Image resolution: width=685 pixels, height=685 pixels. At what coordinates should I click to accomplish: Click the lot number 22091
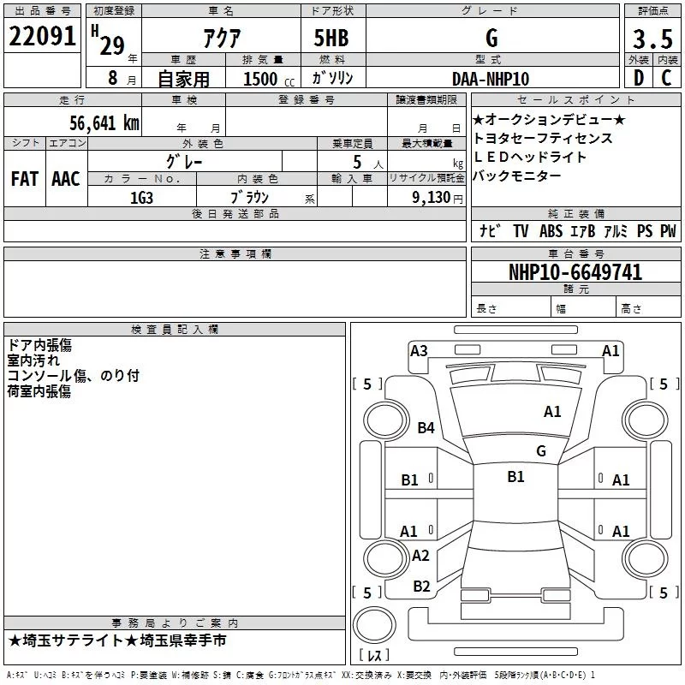tap(44, 38)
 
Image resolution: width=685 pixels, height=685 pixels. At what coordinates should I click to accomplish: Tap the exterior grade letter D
tap(637, 78)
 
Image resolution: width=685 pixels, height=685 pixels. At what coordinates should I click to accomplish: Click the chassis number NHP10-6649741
tap(575, 272)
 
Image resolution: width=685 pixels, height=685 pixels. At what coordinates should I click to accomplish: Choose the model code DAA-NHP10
tap(491, 79)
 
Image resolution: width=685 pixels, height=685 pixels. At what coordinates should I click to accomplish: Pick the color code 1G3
tap(141, 197)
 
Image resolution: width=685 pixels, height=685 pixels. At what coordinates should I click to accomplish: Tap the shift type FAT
tap(24, 179)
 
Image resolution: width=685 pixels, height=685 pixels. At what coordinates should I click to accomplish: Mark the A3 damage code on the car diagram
tap(419, 350)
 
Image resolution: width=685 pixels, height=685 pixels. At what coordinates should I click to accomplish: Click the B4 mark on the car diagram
tap(426, 428)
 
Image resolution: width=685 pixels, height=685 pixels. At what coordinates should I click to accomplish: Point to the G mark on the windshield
tap(540, 450)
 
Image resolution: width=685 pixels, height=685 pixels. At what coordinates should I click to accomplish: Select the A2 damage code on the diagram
tap(420, 556)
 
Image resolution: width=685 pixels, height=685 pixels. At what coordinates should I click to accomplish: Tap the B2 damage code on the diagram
tap(421, 586)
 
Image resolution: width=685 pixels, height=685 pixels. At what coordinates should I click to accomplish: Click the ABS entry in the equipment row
tap(551, 231)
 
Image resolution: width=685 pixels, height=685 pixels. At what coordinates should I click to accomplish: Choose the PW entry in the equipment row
tap(668, 231)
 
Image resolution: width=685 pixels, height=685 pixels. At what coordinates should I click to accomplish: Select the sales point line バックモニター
tap(517, 176)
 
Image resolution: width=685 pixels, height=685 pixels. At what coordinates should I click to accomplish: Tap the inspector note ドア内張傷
tap(39, 345)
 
